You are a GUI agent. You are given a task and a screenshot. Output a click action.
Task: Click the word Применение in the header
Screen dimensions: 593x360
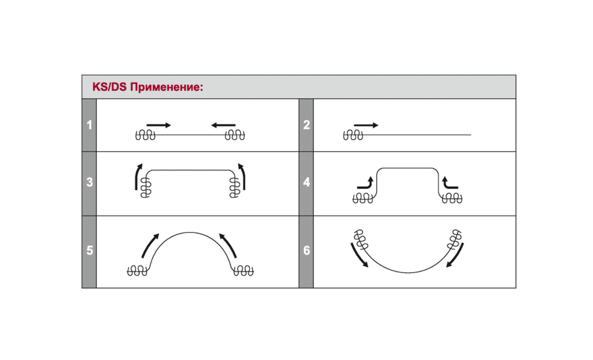(x=166, y=87)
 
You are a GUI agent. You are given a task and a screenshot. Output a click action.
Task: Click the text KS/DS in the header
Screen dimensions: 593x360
(x=109, y=87)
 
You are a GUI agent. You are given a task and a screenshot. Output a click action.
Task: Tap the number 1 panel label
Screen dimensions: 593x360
(x=90, y=125)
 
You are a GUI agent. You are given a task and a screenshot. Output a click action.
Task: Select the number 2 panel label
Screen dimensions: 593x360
(x=306, y=125)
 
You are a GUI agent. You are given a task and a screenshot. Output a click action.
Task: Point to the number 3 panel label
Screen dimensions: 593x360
(x=90, y=182)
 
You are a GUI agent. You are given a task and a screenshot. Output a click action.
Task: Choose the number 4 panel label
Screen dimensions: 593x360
(x=306, y=182)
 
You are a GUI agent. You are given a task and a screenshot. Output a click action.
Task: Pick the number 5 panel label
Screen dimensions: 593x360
(x=90, y=250)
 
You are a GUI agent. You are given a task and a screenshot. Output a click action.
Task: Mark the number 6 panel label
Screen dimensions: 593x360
(x=306, y=250)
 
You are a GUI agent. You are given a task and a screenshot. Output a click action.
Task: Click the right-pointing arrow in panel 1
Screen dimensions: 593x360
(x=159, y=125)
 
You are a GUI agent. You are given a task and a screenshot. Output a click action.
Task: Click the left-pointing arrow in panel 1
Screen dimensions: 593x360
(x=223, y=125)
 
